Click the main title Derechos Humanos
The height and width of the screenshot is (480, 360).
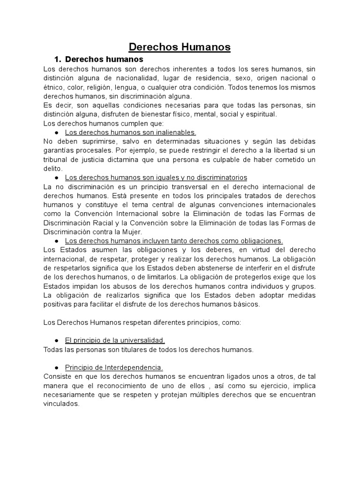[x=180, y=47]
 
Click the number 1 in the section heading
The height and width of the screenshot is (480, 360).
[x=57, y=60]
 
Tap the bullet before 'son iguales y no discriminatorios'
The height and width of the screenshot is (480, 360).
[x=56, y=178]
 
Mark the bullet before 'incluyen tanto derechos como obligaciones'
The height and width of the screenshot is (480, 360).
[x=56, y=241]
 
